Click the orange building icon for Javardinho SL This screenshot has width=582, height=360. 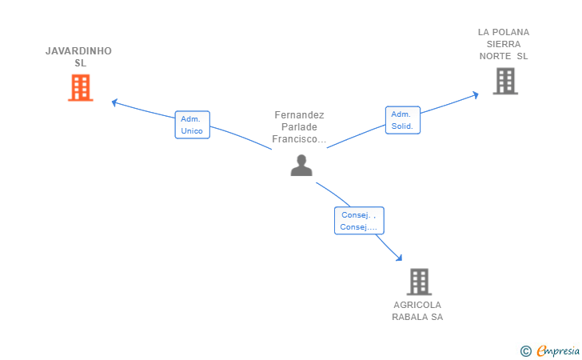(81, 88)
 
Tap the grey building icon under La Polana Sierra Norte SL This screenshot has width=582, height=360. (504, 81)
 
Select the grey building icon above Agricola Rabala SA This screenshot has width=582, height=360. (419, 282)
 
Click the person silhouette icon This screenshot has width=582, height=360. (301, 166)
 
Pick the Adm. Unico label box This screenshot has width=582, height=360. (192, 125)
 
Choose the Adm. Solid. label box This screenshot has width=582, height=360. (402, 120)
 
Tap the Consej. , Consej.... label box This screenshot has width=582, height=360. (359, 221)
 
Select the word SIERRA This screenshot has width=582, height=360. (504, 44)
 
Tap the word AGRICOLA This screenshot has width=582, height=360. (417, 305)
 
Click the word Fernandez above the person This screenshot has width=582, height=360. (299, 115)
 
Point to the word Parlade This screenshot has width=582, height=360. (299, 127)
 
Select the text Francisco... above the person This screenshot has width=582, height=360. (299, 139)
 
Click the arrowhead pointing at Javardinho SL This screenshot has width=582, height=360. (114, 102)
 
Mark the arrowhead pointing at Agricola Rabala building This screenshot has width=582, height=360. (399, 258)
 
